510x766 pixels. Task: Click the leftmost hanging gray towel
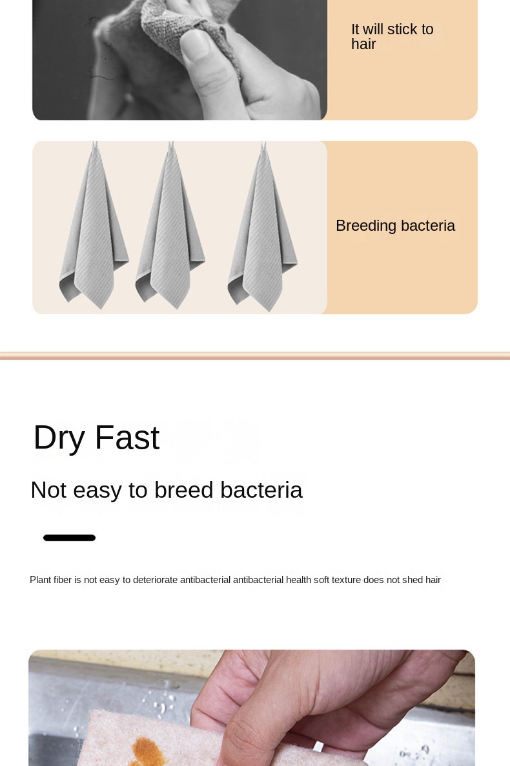click(x=94, y=229)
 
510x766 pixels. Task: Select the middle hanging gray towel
click(x=170, y=229)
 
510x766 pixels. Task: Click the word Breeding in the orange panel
click(x=365, y=226)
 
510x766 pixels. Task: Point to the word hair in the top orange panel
click(x=363, y=45)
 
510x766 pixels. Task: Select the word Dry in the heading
click(x=59, y=438)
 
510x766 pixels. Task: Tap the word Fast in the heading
click(x=127, y=437)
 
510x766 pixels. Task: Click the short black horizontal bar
click(x=69, y=538)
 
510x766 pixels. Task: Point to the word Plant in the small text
click(x=40, y=580)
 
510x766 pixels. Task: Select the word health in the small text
click(x=298, y=580)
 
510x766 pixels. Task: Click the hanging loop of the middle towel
click(x=171, y=145)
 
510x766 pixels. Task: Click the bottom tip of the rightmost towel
click(x=269, y=311)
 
